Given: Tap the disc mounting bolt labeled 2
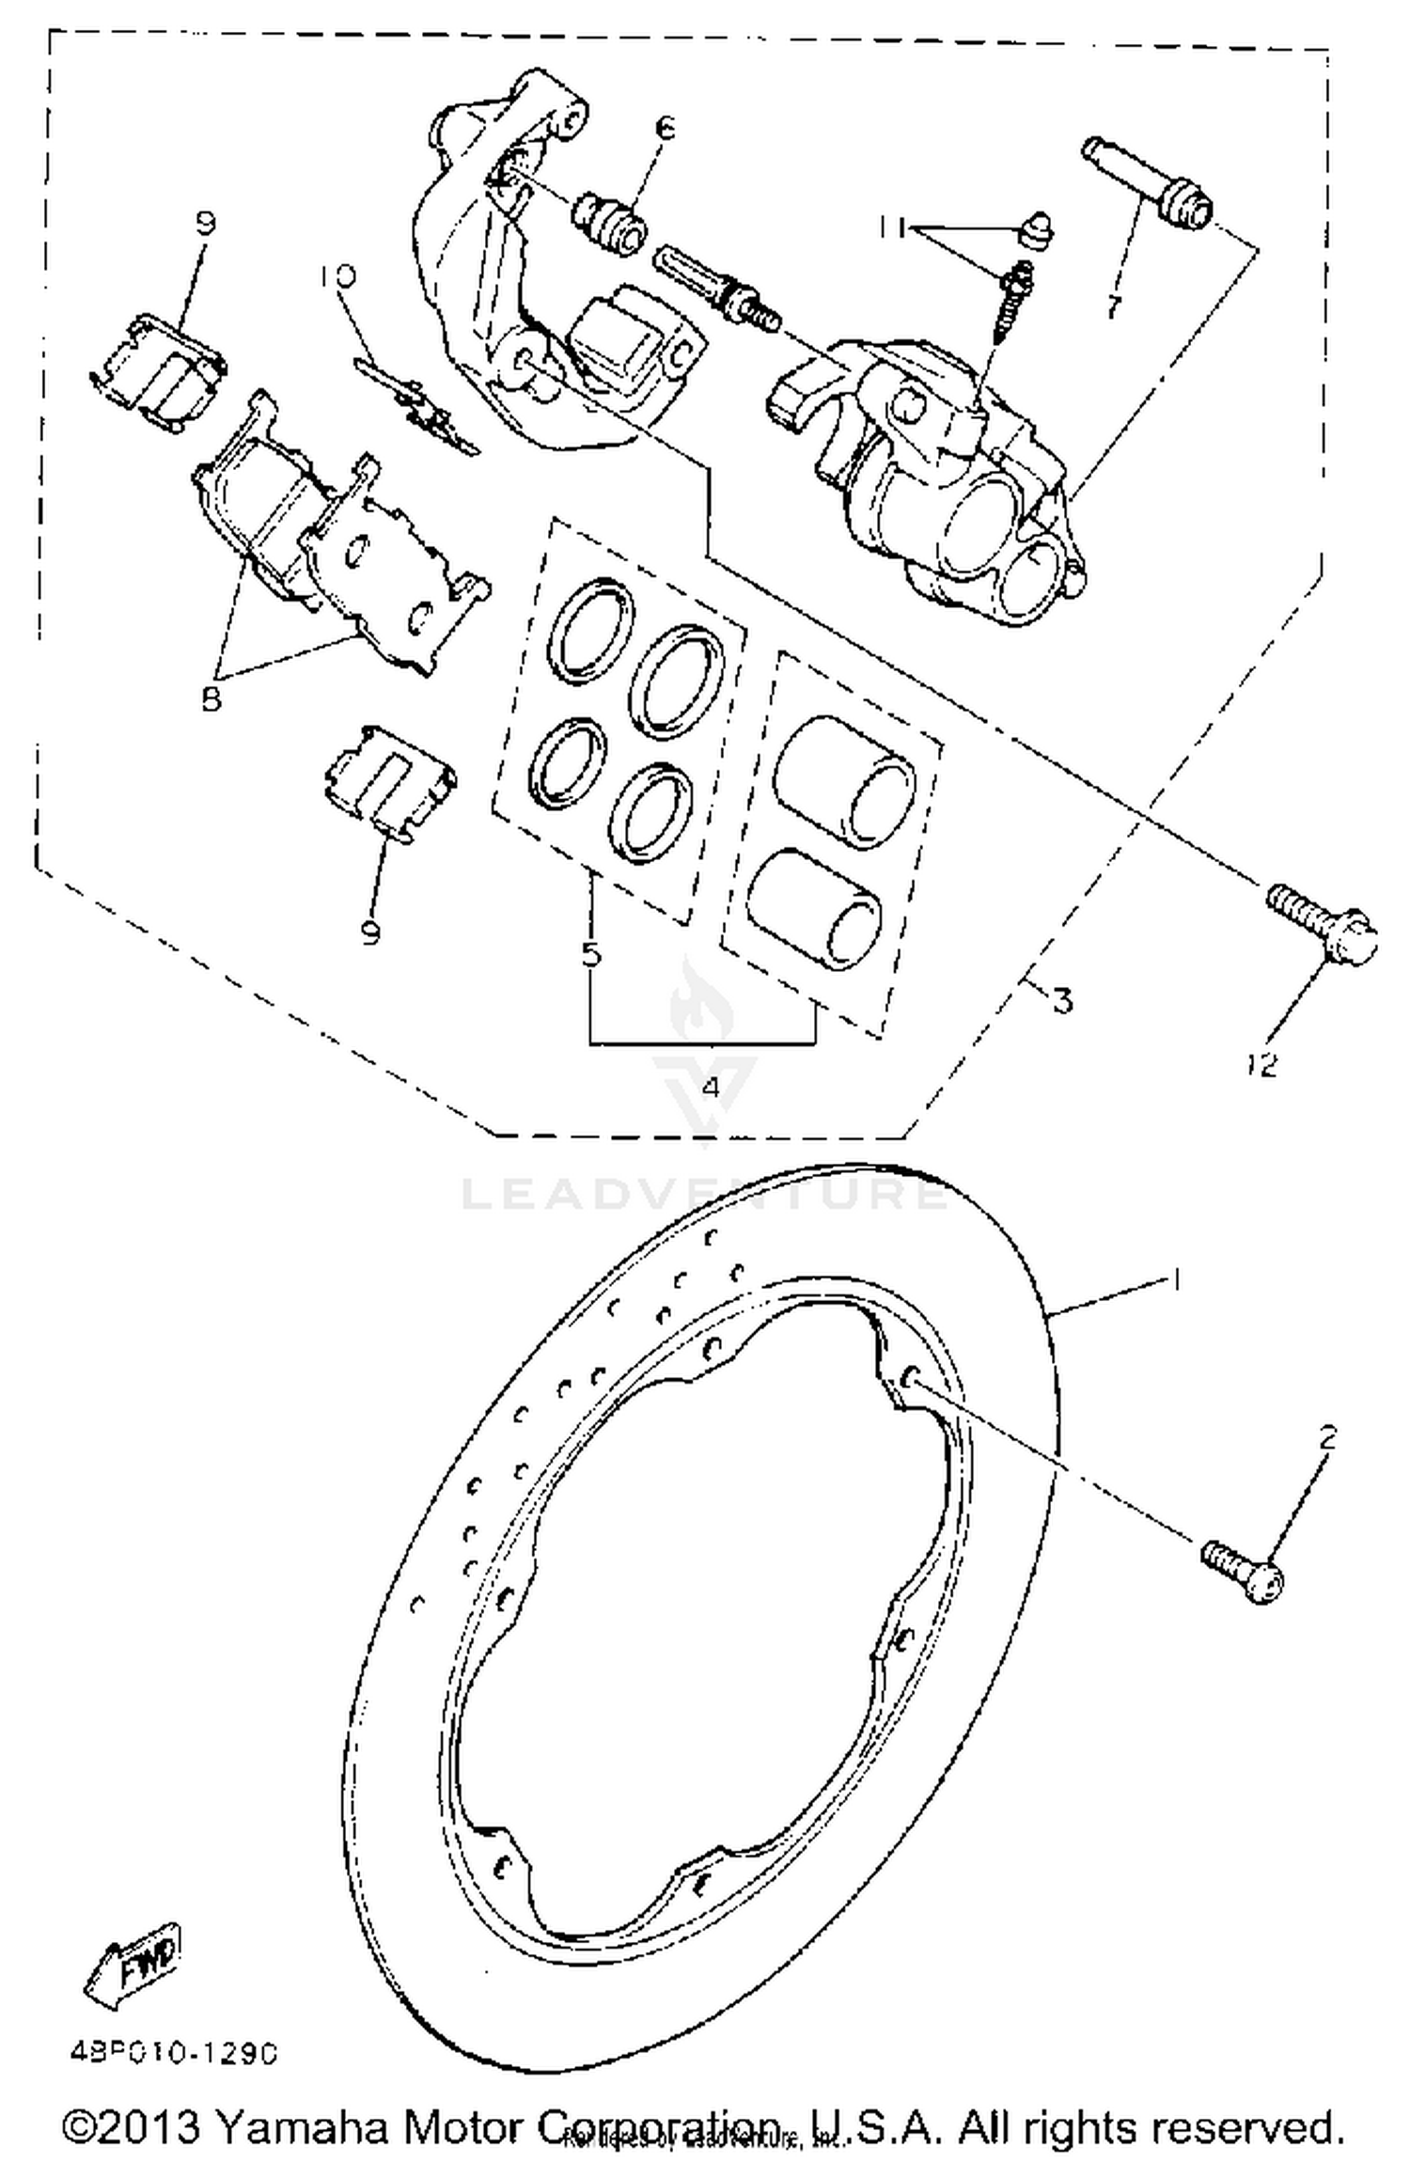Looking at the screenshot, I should tap(1242, 1570).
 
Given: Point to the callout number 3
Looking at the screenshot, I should tap(1062, 1001).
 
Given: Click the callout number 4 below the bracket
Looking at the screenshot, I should tap(711, 1088).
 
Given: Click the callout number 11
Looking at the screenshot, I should tap(893, 227).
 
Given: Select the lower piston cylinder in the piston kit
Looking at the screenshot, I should tap(816, 909).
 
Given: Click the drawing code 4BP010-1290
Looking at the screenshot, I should tap(173, 2055).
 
